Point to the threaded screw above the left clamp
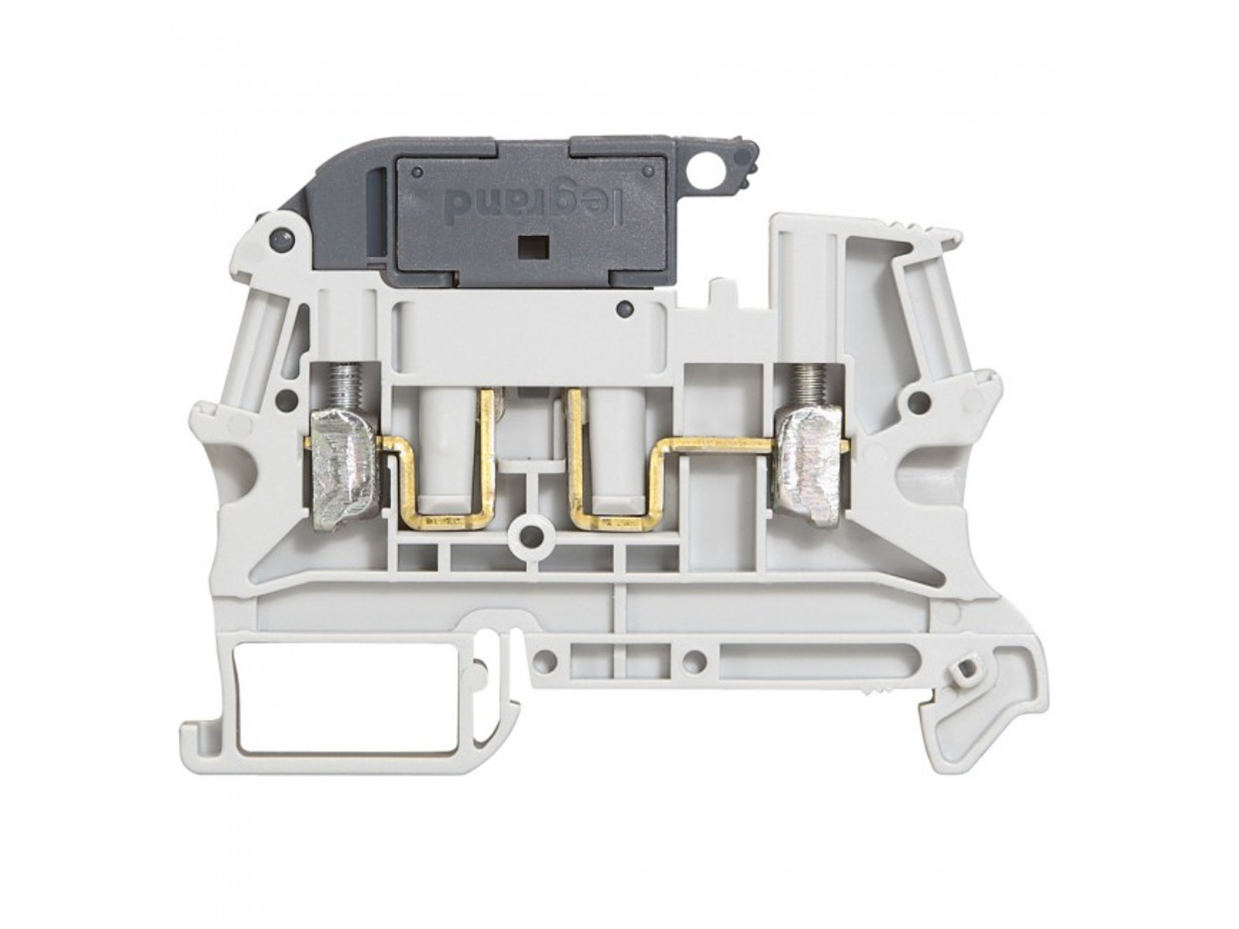tap(341, 386)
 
